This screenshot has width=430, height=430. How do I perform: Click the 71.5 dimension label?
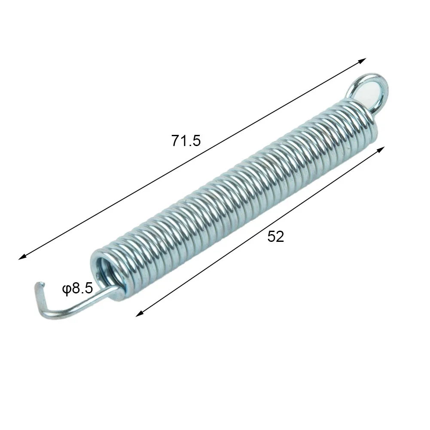[x=186, y=140]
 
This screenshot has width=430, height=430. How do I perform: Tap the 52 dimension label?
[x=276, y=236]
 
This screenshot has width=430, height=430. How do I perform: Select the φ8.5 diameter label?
[x=78, y=289]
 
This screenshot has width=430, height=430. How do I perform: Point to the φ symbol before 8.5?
[x=67, y=290]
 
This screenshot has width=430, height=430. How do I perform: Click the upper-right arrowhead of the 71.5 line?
[x=363, y=60]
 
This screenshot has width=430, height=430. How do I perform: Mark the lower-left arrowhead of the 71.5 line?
[x=22, y=257]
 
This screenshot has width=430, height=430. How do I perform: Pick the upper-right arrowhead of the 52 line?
[x=381, y=149]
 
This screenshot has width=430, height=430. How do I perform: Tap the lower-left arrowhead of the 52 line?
[x=139, y=314]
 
